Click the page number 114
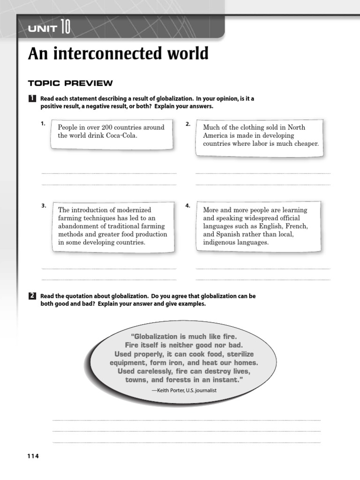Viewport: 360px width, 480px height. coord(33,457)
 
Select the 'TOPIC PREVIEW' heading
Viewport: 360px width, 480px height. coord(70,83)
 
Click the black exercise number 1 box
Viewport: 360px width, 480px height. coord(32,99)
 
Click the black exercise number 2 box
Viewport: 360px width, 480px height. coord(32,296)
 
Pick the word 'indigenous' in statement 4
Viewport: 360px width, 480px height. coord(219,243)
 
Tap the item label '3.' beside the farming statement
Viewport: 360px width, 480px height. coord(43,206)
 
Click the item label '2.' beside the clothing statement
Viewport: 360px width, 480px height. coord(187,124)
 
